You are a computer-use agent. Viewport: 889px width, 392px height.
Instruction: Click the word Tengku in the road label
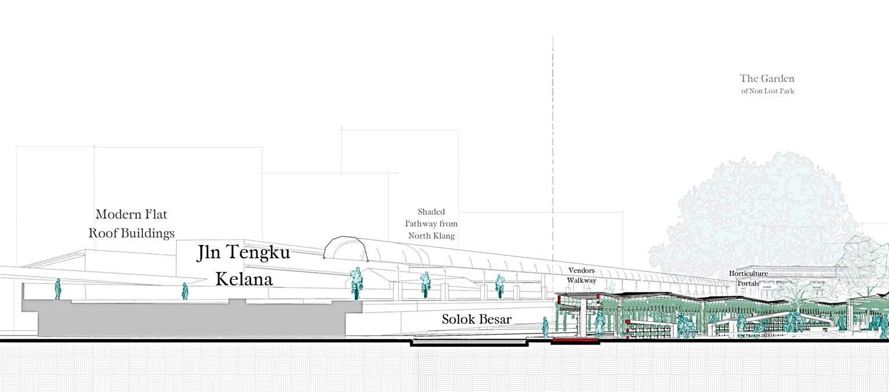(x=257, y=252)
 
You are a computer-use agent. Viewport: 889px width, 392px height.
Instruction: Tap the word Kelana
(x=244, y=279)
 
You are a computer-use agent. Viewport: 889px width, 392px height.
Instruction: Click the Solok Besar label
(x=476, y=319)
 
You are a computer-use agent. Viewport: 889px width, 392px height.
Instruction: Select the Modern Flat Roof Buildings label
(x=131, y=224)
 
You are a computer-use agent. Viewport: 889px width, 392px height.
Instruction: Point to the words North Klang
(x=431, y=236)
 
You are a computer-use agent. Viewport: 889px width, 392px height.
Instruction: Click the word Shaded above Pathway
(x=431, y=212)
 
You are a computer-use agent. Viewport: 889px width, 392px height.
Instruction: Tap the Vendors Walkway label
(x=581, y=276)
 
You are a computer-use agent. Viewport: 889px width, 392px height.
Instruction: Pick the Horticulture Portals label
(x=748, y=279)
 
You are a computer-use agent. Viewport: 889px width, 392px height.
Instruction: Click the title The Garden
(x=767, y=79)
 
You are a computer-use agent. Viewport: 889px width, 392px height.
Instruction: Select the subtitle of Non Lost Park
(x=767, y=91)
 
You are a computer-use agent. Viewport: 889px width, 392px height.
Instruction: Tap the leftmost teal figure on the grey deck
(x=58, y=289)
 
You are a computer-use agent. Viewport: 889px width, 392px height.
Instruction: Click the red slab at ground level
(x=574, y=341)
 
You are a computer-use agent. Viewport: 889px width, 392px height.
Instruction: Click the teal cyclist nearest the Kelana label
(x=357, y=284)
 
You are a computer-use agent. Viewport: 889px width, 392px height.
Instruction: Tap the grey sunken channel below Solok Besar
(x=469, y=343)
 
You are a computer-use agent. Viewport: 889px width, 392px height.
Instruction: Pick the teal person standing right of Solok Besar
(x=545, y=327)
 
